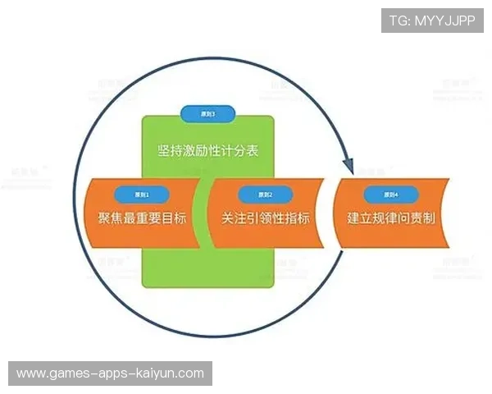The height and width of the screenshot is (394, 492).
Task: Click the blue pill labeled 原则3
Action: (208, 114)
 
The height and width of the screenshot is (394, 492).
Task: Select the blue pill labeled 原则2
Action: (260, 195)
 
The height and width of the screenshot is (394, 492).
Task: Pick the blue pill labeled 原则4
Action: (390, 195)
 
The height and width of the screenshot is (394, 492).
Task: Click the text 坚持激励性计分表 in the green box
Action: (208, 152)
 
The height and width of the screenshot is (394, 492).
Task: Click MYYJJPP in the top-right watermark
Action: (444, 20)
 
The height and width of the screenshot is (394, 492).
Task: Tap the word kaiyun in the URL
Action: (154, 373)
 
